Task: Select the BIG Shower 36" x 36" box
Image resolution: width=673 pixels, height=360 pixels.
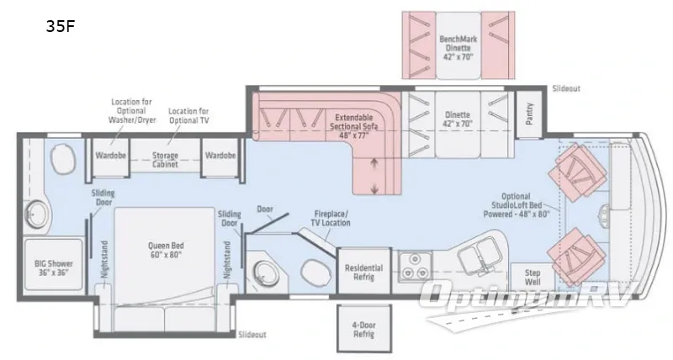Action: pos(47,267)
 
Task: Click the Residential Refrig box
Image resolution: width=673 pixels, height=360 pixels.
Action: pos(364,273)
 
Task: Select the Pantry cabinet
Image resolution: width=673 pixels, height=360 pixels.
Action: pos(529,112)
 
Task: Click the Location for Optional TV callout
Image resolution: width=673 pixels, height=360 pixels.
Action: pos(188,115)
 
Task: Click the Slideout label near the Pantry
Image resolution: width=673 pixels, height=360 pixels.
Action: pos(566,88)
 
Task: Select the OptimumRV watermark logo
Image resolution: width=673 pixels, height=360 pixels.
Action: pos(526,297)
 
